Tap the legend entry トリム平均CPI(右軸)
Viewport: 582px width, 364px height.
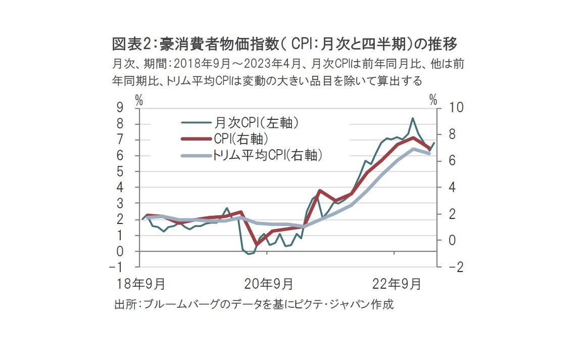pyautogui.click(x=267, y=155)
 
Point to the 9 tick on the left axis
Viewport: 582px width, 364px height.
pyautogui.click(x=120, y=108)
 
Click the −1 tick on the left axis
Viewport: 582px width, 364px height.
pyautogui.click(x=117, y=267)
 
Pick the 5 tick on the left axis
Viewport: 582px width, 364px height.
pyautogui.click(x=120, y=171)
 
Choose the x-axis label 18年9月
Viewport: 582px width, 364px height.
pyautogui.click(x=140, y=285)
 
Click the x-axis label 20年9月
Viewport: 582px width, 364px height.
pyautogui.click(x=268, y=285)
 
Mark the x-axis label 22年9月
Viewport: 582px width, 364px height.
pyautogui.click(x=396, y=285)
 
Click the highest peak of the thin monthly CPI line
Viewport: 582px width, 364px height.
pyautogui.click(x=413, y=118)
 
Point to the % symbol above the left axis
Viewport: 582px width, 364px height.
pyautogui.click(x=139, y=100)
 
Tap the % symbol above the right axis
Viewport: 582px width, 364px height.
pyautogui.click(x=432, y=100)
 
